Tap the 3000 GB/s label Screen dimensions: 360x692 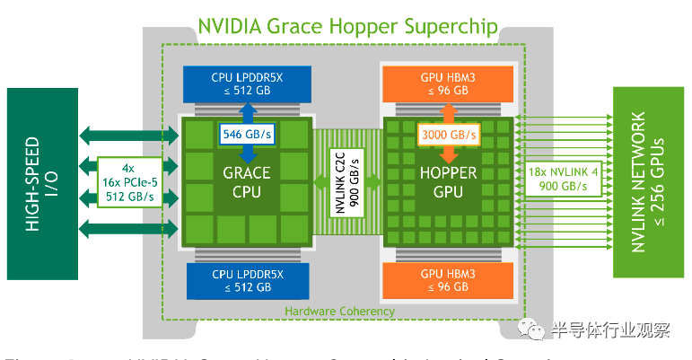coord(447,136)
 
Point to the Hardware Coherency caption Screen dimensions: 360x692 coord(339,312)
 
